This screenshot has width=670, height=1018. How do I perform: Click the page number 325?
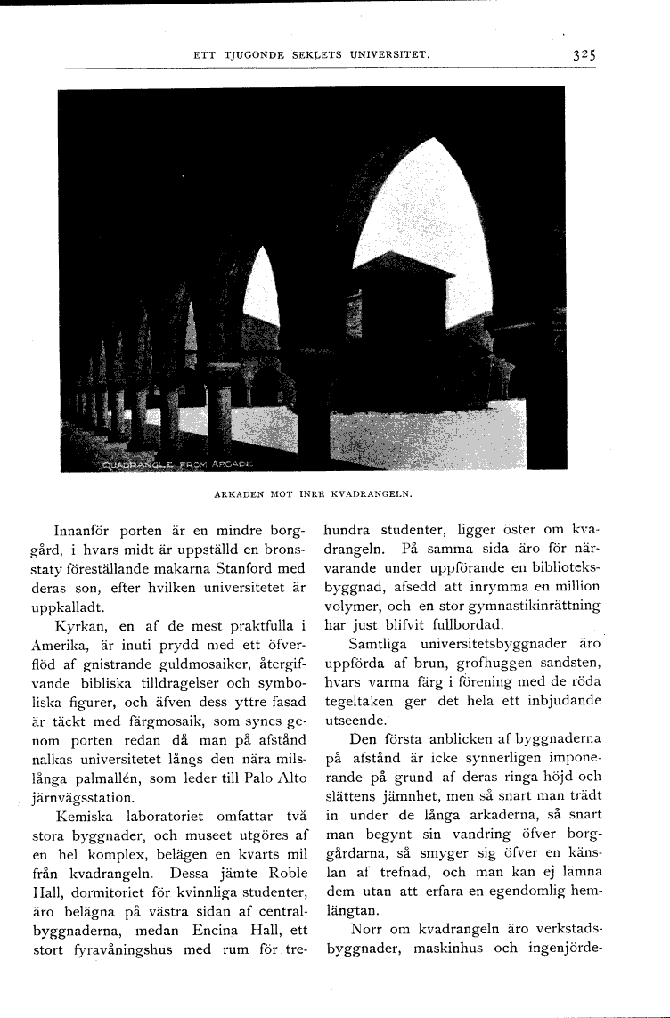(x=584, y=54)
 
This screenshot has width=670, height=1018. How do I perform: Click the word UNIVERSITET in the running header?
(x=388, y=55)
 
